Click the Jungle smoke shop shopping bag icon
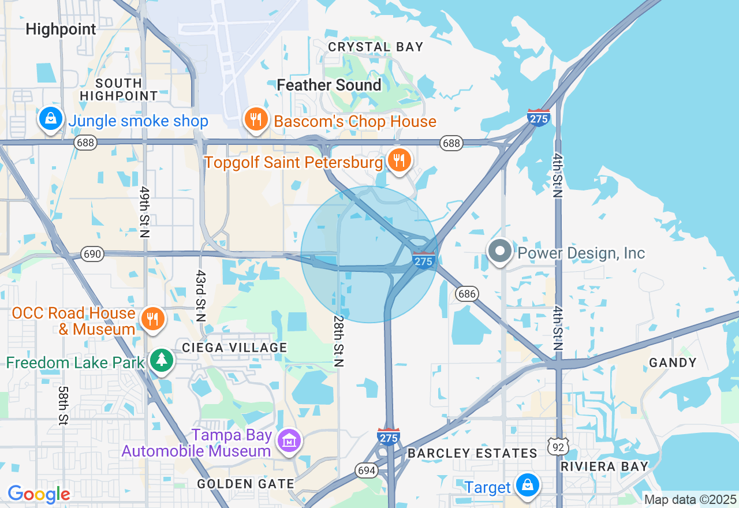click(51, 119)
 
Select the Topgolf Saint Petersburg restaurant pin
click(399, 160)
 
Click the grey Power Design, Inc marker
click(500, 252)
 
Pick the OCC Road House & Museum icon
click(152, 318)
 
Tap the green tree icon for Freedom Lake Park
click(162, 360)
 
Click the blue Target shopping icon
click(528, 485)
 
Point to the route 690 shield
click(92, 254)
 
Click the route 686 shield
click(466, 294)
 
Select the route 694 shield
click(367, 470)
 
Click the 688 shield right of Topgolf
click(451, 143)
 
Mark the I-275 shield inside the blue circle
click(424, 260)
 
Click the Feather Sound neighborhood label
click(329, 85)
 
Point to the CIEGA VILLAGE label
click(234, 348)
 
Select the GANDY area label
click(673, 363)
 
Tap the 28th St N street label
click(339, 341)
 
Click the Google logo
click(39, 494)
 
